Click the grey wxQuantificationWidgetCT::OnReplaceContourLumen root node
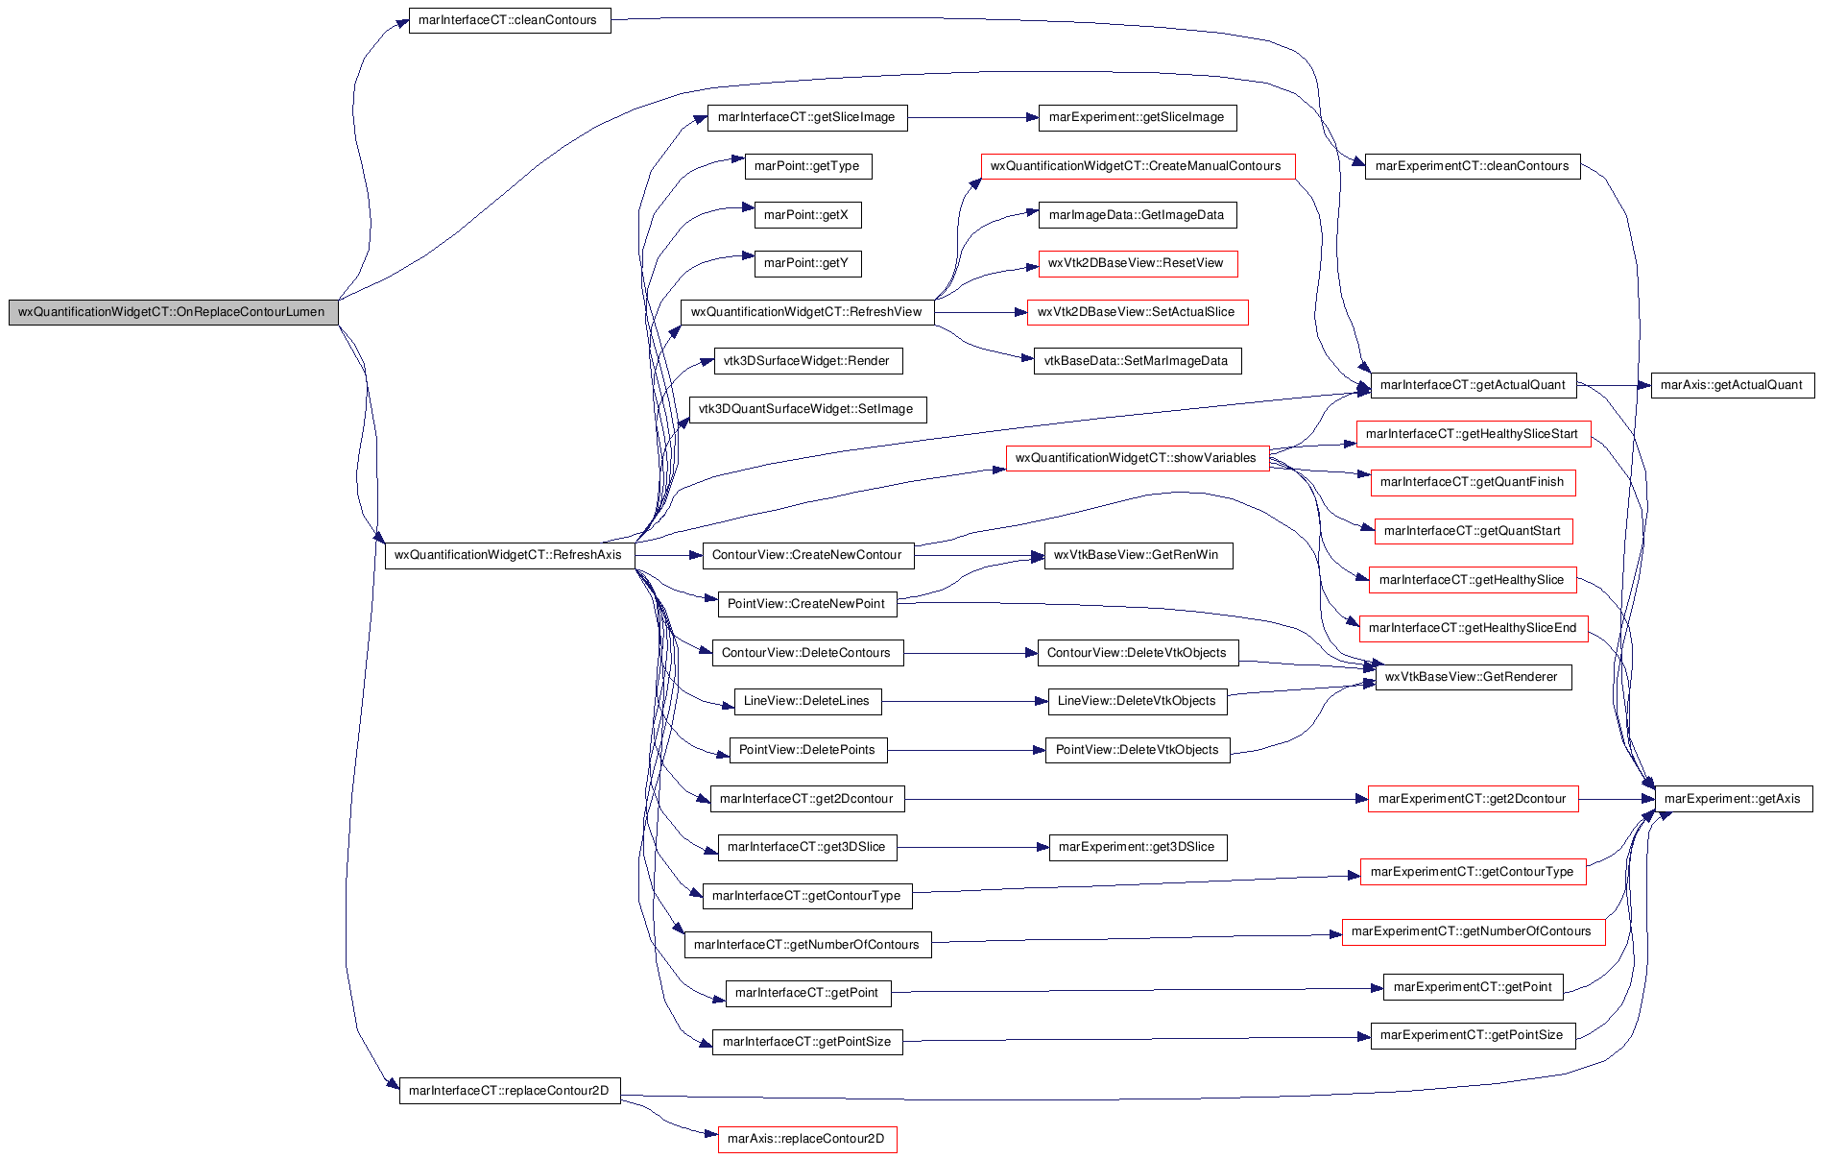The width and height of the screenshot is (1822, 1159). click(173, 312)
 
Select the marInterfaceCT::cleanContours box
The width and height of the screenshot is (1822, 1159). click(510, 20)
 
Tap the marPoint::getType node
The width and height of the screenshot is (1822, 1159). click(807, 166)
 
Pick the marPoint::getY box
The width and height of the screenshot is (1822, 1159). click(807, 263)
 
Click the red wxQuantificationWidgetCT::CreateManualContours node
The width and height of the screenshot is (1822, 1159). click(1138, 166)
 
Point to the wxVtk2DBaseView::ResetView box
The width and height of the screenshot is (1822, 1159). click(1138, 263)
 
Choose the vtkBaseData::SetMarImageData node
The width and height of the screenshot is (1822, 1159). click(1138, 361)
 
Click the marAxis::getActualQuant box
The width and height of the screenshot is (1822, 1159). click(1732, 385)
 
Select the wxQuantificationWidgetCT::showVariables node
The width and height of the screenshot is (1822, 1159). click(1138, 458)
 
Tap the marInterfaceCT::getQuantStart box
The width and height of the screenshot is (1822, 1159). click(1474, 531)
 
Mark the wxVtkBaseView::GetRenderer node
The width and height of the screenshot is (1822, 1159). click(1474, 677)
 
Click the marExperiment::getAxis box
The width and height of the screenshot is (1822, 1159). click(1734, 799)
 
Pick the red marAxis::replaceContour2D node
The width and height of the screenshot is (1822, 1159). click(807, 1139)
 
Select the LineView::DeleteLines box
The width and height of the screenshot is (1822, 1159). click(807, 701)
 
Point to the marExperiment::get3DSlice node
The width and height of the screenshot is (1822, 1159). click(1138, 847)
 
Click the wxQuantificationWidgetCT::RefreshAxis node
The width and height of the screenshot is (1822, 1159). click(510, 555)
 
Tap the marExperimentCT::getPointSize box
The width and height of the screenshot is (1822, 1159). click(1474, 1035)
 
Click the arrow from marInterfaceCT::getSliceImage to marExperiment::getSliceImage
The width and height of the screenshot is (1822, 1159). click(973, 117)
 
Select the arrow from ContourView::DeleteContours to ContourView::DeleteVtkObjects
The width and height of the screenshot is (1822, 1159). click(971, 653)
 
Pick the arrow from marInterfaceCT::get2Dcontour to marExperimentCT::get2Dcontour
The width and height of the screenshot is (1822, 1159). click(1136, 799)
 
